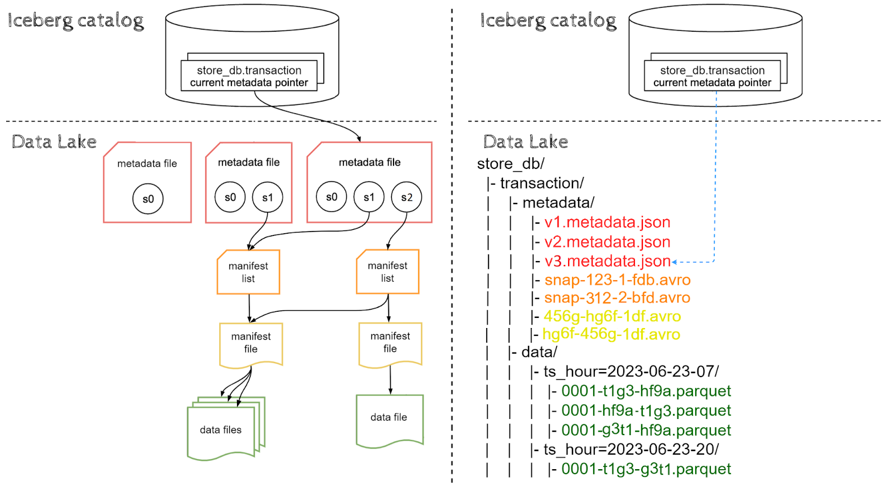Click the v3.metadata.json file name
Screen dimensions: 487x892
pyautogui.click(x=607, y=261)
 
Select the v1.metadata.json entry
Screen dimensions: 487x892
pyautogui.click(x=607, y=222)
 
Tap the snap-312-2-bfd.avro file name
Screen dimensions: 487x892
pyautogui.click(x=617, y=298)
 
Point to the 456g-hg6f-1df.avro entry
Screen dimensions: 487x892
pyautogui.click(x=612, y=316)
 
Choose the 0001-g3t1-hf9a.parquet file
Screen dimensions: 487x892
pyautogui.click(x=646, y=430)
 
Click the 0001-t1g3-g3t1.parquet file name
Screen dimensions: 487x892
pyautogui.click(x=646, y=469)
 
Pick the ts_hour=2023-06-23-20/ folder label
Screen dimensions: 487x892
pyautogui.click(x=631, y=450)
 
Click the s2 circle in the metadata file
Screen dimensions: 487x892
pyautogui.click(x=406, y=197)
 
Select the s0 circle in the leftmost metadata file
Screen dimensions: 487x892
pyautogui.click(x=148, y=199)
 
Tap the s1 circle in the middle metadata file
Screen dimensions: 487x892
pyautogui.click(x=268, y=197)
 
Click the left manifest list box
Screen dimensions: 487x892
pyautogui.click(x=248, y=272)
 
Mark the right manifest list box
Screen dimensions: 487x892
pyautogui.click(x=387, y=272)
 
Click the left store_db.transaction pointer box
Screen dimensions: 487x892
pyautogui.click(x=249, y=76)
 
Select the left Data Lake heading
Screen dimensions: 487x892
pyautogui.click(x=54, y=142)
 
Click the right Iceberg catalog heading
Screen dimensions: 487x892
pyautogui.click(x=548, y=21)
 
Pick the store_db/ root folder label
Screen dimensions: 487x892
pyautogui.click(x=511, y=164)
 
